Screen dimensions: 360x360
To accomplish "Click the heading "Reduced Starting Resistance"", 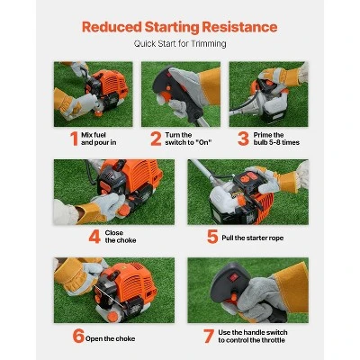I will point(179,26).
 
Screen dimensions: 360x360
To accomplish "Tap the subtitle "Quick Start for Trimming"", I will point(179,44).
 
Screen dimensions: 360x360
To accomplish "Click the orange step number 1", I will point(74,139).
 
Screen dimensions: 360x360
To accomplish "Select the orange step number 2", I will point(156,139).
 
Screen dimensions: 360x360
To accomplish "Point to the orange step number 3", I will point(242,139).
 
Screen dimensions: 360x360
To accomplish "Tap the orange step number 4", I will point(94,237).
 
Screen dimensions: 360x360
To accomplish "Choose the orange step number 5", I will point(212,237).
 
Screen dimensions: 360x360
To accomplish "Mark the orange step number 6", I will point(79,336).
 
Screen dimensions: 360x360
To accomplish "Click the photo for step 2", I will point(180,94).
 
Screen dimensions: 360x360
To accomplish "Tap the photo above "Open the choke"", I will point(112,290).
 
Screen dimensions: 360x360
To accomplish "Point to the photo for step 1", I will point(93,94).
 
